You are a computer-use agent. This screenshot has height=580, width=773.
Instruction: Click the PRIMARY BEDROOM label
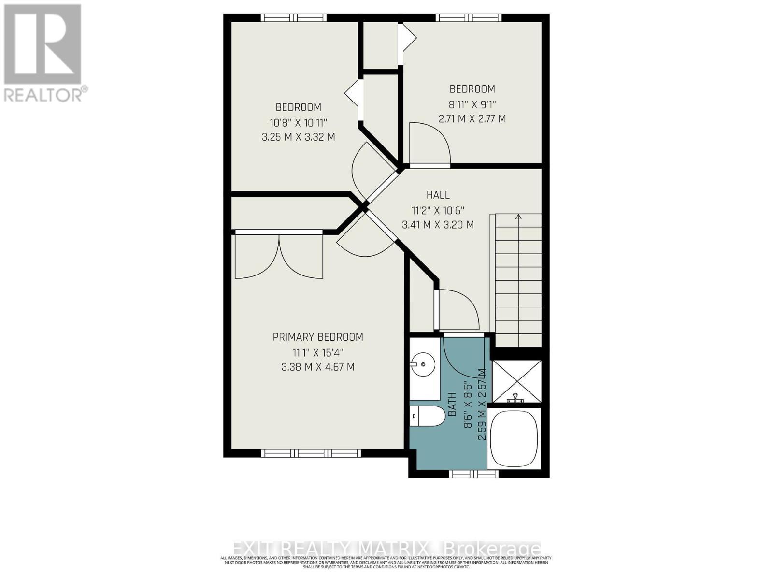(318, 337)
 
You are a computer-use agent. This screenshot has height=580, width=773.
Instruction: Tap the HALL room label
(438, 195)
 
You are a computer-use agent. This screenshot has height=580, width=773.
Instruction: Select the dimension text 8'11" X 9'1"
(472, 103)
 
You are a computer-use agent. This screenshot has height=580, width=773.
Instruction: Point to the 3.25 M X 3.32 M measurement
(298, 137)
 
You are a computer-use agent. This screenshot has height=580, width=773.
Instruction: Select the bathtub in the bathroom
(515, 438)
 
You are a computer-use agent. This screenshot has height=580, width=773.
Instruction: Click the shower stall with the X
(516, 381)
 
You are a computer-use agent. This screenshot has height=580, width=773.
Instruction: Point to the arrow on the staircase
(518, 217)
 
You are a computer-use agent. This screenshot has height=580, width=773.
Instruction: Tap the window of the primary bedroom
(311, 453)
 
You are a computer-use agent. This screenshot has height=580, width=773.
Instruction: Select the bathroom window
(473, 474)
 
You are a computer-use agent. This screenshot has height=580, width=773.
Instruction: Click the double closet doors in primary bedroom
(279, 256)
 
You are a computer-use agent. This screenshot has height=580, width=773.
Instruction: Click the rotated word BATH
(453, 404)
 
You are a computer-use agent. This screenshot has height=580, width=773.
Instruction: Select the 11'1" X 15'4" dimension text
(318, 352)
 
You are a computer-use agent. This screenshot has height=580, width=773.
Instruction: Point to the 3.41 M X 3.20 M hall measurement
(438, 225)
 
